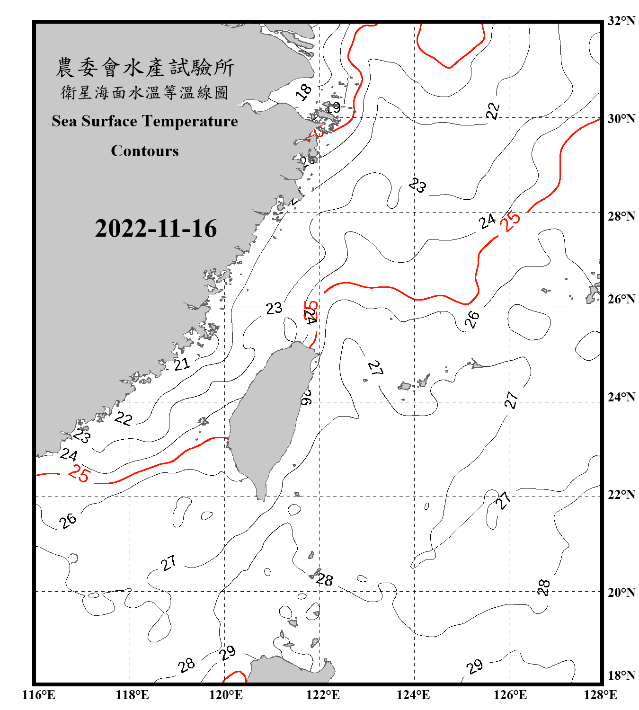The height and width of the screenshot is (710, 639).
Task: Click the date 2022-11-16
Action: coord(156,229)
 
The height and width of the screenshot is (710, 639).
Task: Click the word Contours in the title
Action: coord(145,151)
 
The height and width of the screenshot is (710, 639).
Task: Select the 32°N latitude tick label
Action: coord(621,21)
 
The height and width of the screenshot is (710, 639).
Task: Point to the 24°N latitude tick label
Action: coord(621,397)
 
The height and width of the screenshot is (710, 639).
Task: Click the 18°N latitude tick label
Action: coord(621,675)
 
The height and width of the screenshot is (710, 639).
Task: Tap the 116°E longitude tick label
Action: coord(38,695)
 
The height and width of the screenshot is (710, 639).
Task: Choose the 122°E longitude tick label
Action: coord(323,695)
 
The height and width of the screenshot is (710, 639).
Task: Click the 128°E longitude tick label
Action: coord(600,695)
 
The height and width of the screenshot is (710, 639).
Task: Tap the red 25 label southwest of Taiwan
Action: coord(79,474)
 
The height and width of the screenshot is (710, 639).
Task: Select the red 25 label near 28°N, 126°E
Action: coord(512,221)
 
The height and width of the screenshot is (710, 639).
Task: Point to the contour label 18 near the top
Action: coord(304,91)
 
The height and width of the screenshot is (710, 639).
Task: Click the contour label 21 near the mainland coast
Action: coord(182,364)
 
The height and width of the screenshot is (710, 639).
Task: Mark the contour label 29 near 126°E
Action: coord(474,666)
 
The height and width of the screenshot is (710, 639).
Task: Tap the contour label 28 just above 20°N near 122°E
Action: coord(325,579)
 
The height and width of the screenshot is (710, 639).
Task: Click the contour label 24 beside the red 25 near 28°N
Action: coord(487,221)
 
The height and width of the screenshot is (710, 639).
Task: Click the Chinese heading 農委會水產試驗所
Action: coord(145,68)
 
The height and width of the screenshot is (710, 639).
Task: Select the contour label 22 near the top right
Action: coord(493,111)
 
